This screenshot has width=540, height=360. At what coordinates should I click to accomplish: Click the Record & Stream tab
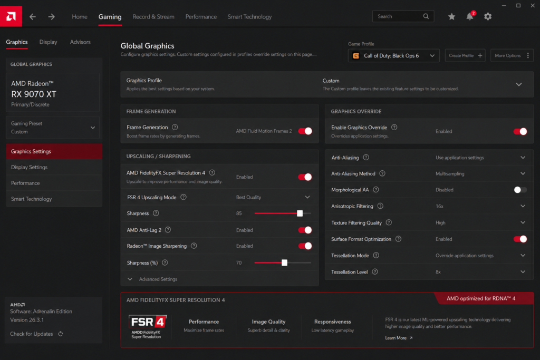153,16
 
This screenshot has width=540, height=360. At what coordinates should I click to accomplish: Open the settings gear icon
488,16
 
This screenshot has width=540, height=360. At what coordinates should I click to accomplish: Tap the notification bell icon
470,16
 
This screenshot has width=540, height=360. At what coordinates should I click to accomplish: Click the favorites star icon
451,16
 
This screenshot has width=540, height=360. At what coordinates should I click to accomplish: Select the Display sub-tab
48,42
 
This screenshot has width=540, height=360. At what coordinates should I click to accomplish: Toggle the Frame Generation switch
305,131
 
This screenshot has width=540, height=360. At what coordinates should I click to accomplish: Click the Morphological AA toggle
520,190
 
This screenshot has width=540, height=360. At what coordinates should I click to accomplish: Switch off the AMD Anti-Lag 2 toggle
305,230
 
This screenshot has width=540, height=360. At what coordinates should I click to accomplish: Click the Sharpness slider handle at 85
300,213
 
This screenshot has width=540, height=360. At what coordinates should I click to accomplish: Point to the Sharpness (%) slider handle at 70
284,263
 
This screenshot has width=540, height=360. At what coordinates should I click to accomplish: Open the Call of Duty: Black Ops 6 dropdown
393,56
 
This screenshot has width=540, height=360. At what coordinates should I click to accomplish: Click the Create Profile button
465,56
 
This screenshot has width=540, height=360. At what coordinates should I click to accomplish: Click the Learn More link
399,338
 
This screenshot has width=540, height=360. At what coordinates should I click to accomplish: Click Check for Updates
36,334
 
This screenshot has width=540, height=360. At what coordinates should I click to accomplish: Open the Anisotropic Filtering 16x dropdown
480,206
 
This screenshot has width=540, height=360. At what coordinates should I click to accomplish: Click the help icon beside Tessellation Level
375,272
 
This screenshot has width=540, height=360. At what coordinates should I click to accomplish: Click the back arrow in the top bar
33,16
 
